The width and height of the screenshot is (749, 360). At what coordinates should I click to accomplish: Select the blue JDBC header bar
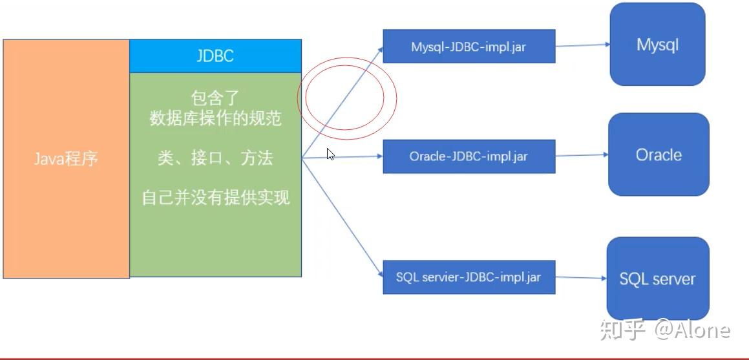(215, 56)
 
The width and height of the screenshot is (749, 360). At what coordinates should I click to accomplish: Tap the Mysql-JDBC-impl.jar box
(469, 47)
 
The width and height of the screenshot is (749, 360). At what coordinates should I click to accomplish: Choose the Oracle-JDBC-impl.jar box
(469, 156)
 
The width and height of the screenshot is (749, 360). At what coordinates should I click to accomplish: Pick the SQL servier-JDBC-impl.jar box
(469, 277)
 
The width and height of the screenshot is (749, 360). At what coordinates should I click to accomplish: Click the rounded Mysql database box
(657, 45)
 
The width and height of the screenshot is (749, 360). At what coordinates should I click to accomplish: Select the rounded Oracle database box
(658, 155)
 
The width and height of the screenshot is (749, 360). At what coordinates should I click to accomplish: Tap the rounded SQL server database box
(657, 279)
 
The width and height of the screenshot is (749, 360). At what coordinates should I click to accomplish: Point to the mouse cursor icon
(330, 154)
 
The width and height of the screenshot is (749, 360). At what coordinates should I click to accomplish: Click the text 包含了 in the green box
(215, 98)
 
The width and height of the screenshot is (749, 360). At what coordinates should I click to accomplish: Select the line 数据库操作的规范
(215, 118)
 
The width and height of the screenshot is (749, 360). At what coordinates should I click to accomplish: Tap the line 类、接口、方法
(215, 158)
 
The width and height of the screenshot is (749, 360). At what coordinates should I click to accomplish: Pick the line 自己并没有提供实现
(215, 198)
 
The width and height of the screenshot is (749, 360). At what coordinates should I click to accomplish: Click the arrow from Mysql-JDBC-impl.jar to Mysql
(582, 45)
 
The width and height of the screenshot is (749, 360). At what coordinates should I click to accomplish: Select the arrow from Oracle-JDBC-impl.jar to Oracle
(582, 155)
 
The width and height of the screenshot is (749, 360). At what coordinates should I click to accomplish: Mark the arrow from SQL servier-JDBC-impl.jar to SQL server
(581, 278)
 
